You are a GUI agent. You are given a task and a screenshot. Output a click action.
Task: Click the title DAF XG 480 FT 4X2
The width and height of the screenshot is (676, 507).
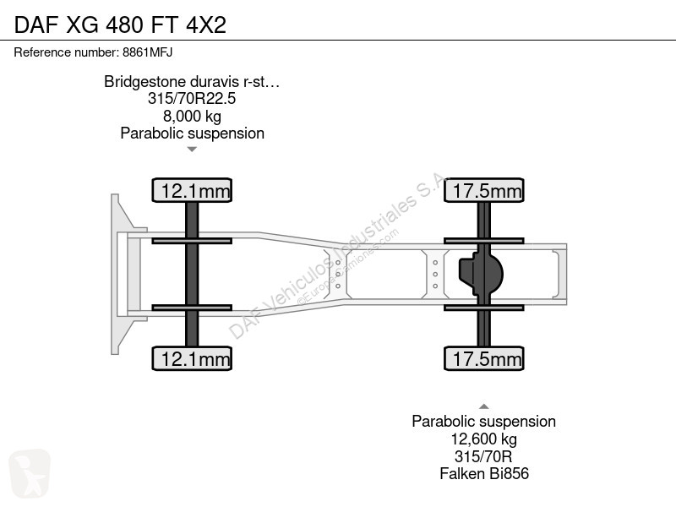click(x=120, y=25)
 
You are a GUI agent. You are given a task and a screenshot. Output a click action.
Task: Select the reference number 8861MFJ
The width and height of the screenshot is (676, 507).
click(x=147, y=52)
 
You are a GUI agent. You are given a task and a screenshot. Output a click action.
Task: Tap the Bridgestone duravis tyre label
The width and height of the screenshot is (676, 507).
click(x=192, y=81)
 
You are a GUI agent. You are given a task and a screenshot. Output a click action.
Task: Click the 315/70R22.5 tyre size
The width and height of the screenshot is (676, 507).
click(x=192, y=98)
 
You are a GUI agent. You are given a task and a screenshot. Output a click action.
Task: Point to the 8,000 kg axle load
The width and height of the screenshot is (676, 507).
click(x=192, y=116)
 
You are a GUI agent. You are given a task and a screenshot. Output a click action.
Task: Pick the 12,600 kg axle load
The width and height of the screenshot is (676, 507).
click(x=483, y=439)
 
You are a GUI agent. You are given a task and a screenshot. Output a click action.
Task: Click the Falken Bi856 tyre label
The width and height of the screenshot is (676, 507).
click(x=483, y=473)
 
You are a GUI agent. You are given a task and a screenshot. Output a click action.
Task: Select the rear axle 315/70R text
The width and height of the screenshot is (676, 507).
click(x=483, y=456)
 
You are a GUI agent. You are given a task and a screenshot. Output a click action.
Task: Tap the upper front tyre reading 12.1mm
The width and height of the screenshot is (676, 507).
click(x=192, y=190)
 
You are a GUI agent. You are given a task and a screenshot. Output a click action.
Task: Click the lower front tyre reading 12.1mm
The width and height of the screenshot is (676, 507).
click(x=192, y=358)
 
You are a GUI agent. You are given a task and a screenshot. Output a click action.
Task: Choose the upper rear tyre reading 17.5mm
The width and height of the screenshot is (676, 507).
click(x=484, y=190)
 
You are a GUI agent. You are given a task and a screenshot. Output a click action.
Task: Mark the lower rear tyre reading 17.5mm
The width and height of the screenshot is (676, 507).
click(x=484, y=358)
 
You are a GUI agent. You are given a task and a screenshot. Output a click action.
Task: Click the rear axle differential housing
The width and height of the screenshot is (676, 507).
click(x=481, y=274)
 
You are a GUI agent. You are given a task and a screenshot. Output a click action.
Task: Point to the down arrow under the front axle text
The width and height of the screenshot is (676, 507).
click(x=192, y=150)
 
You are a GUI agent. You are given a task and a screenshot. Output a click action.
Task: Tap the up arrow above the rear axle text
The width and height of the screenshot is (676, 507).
click(x=483, y=406)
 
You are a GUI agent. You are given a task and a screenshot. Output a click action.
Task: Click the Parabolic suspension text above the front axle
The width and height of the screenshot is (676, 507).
click(x=192, y=134)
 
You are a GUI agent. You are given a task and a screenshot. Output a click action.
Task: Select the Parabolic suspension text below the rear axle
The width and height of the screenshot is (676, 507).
click(x=483, y=421)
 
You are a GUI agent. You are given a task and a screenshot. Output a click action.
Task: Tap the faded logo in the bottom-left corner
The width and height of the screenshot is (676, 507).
click(x=30, y=474)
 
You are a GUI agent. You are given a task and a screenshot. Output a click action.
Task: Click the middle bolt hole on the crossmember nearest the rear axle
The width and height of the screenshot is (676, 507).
click(x=435, y=274)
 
